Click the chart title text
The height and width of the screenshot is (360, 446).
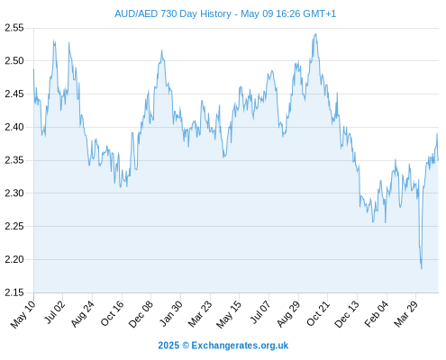point(225,13)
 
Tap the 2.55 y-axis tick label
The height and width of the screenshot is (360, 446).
point(14,28)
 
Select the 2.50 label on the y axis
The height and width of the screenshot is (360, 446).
point(14,61)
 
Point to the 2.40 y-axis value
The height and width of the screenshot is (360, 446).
point(14,127)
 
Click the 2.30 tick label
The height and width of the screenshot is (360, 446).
point(14,193)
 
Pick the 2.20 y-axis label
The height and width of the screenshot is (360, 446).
point(14,259)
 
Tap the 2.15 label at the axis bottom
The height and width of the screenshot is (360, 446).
point(14,292)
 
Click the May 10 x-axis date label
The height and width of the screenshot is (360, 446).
point(23,314)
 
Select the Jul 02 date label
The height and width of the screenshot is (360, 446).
point(54,312)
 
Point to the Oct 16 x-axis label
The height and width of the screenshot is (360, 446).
point(113,313)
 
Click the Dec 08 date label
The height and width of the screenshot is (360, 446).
point(141,314)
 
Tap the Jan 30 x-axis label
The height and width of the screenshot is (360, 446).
point(171,313)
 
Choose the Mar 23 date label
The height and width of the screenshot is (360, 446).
point(200,313)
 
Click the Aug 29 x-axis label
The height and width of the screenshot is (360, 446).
point(289,314)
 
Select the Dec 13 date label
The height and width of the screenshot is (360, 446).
point(347,314)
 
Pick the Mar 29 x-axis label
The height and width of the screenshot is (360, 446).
point(406,313)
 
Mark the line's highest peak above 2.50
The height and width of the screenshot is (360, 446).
point(315,34)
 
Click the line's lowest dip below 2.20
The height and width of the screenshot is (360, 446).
point(422,268)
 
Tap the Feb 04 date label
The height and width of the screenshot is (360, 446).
point(377,313)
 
